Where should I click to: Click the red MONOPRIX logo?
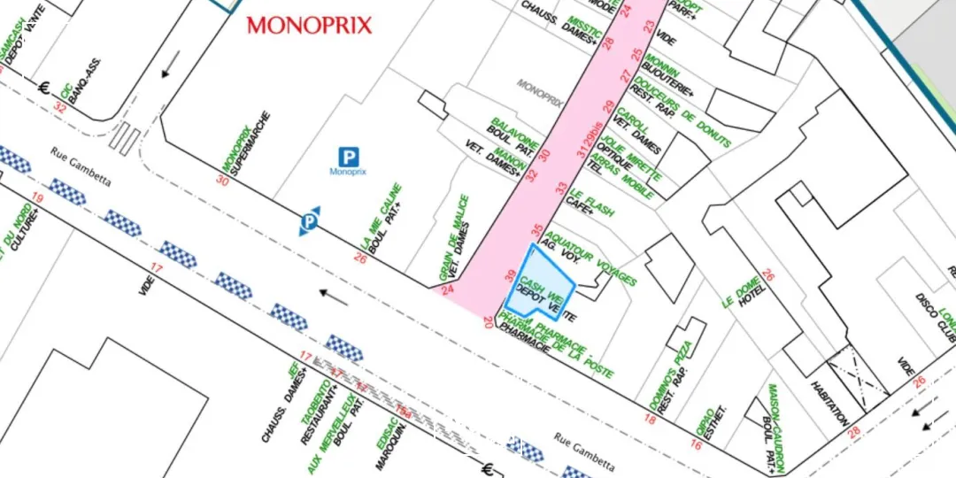coord(309,25)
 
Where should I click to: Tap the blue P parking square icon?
coord(350,158)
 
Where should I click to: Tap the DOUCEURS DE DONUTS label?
coord(696,117)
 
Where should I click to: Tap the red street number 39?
coord(510,277)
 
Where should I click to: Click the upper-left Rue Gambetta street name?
coord(81,166)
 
